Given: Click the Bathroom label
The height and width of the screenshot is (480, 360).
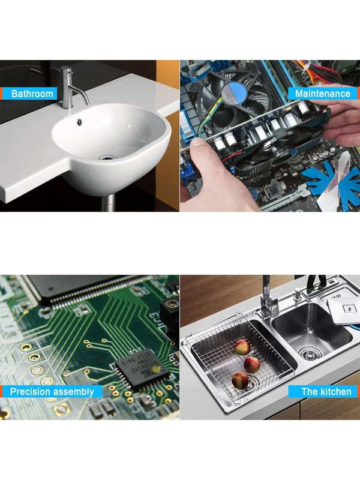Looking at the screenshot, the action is point(29,94).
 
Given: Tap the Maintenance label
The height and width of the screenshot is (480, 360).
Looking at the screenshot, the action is point(323,94).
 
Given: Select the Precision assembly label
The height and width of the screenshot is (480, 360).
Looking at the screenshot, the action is point(51,392).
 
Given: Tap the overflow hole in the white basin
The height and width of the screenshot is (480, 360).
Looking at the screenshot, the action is point(80,122).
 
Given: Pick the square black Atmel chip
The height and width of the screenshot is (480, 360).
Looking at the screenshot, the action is point(142,368).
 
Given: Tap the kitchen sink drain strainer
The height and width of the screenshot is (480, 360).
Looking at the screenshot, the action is point(311,353).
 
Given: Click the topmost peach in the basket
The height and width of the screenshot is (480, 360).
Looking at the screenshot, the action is point(242,347).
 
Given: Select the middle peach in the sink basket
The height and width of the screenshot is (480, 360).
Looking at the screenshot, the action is point(252,365).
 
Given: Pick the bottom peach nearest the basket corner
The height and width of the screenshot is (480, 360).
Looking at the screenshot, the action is point(240,380).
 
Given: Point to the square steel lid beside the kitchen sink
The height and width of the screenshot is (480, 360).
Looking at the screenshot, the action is point(343,308).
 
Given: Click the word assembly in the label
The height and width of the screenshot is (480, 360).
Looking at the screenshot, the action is point(73,392).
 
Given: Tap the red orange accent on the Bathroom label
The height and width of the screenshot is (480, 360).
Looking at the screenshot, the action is point(1,94).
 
